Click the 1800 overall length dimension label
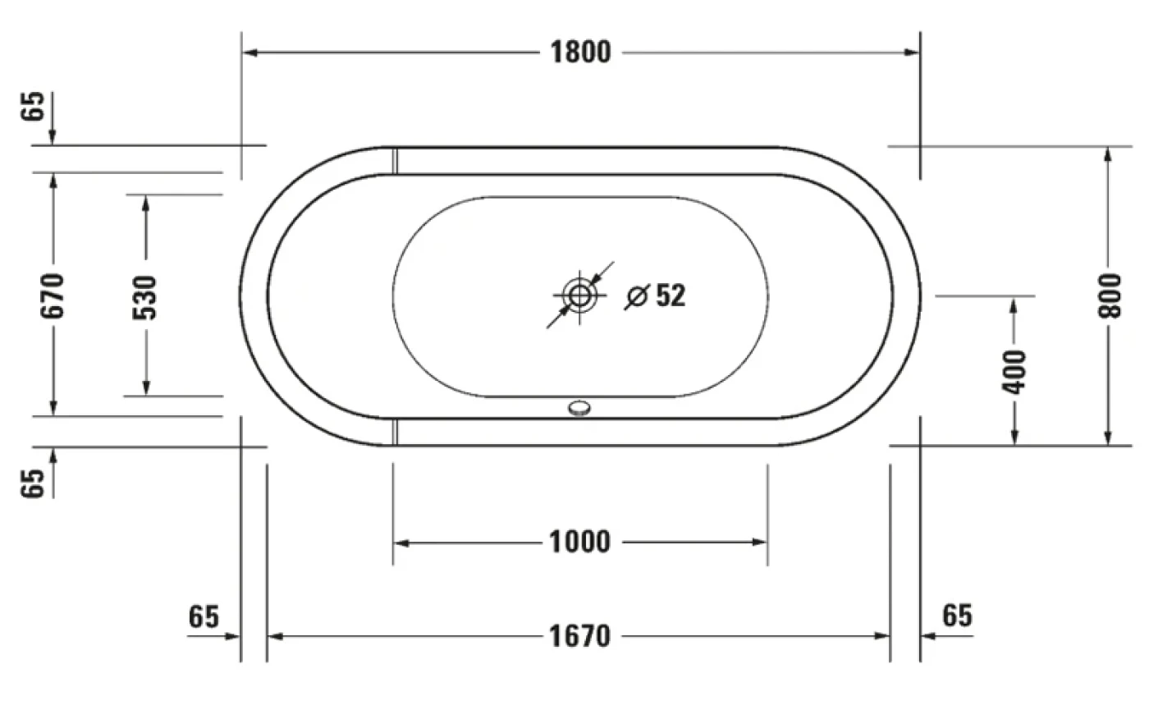tap(580, 53)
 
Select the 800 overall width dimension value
tap(1110, 295)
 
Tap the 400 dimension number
tap(1015, 371)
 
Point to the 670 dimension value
tap(53, 295)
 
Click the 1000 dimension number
tap(580, 543)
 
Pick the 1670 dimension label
tap(580, 636)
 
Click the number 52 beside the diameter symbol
tap(671, 295)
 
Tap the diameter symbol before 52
tap(636, 296)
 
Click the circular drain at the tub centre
tap(580, 295)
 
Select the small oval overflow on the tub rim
tap(580, 406)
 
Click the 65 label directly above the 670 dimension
tap(33, 107)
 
